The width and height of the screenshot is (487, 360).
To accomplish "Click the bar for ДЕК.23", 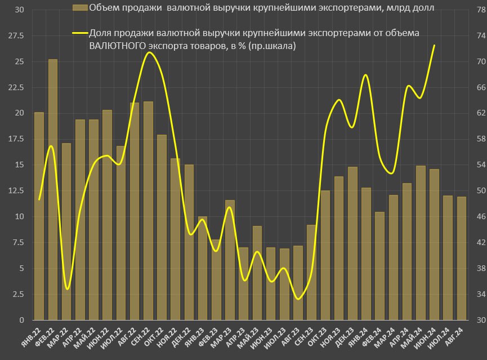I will [x=352, y=243].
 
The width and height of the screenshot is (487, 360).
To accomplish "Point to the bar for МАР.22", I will [x=66, y=231].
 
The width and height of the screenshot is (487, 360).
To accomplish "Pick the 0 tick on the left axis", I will [x=21, y=320].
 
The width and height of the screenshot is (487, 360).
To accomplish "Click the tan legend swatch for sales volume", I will [x=80, y=7].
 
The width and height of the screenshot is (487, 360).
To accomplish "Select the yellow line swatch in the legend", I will [x=80, y=33].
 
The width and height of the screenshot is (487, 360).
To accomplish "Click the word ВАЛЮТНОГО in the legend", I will [x=117, y=46].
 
